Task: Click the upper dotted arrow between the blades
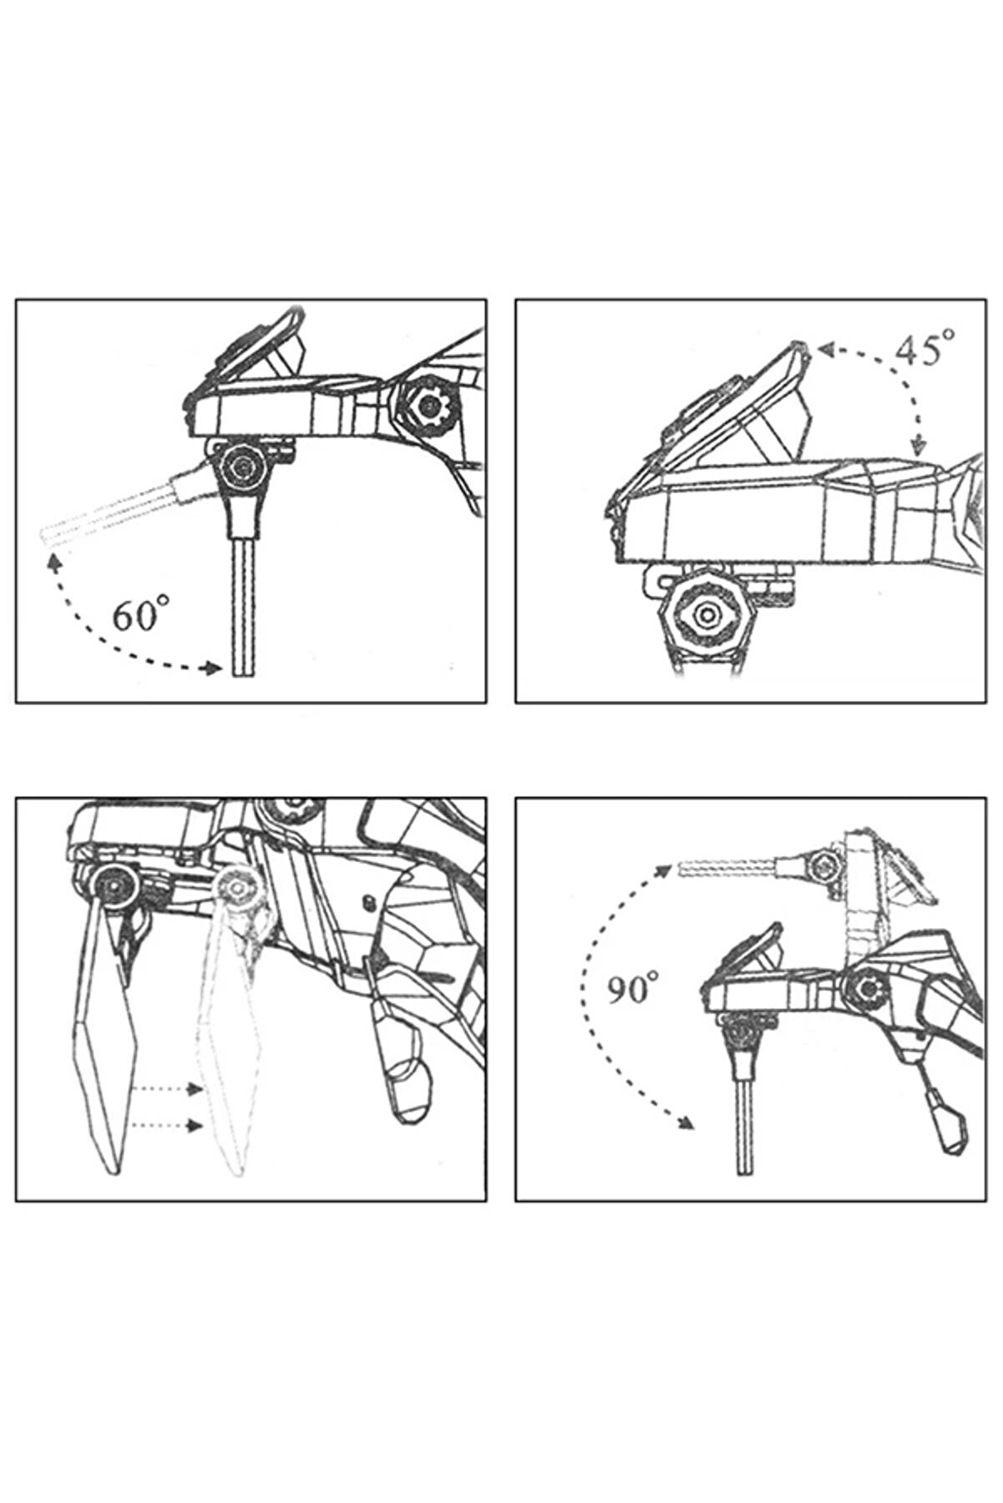coord(167,1089)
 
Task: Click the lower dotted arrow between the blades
coord(167,1126)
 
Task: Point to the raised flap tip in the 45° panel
coord(798,346)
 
